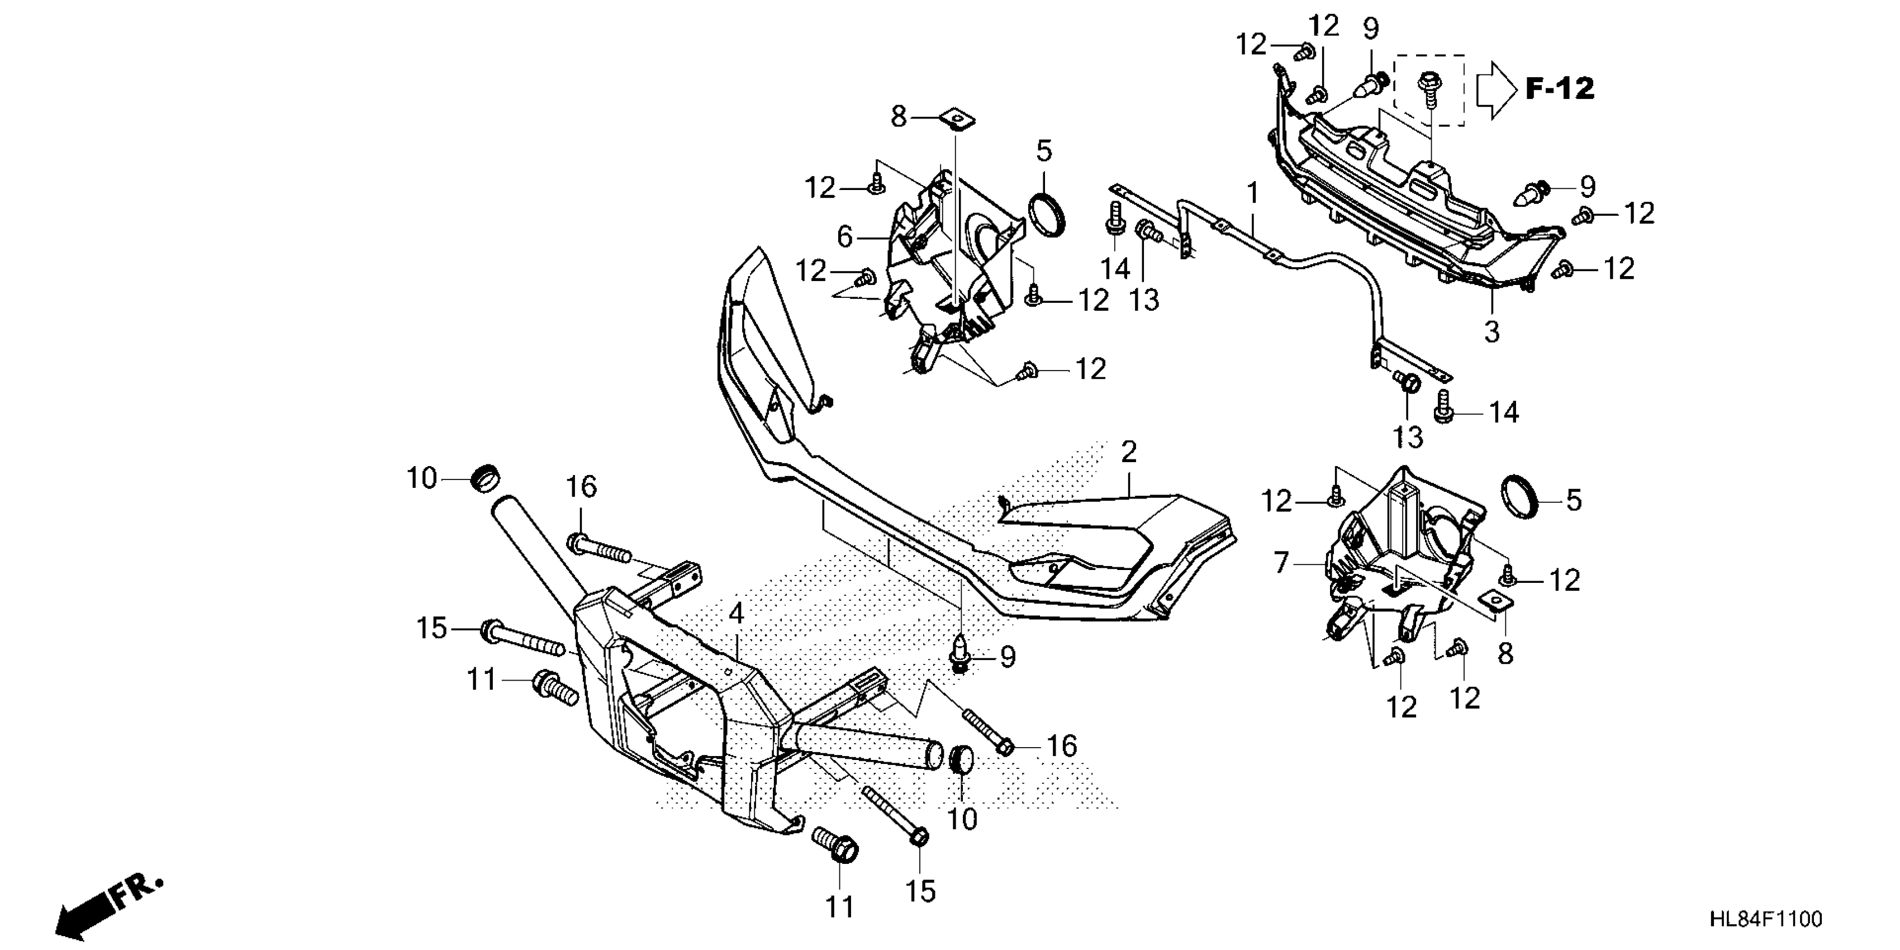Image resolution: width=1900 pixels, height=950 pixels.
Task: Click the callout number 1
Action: (x=1252, y=194)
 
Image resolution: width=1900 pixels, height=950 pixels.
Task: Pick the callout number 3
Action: (x=1491, y=331)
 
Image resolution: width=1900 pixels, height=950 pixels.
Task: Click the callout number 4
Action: (x=736, y=614)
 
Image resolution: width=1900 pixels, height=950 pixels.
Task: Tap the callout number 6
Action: (x=845, y=237)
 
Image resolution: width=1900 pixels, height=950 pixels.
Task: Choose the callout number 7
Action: (x=1281, y=563)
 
